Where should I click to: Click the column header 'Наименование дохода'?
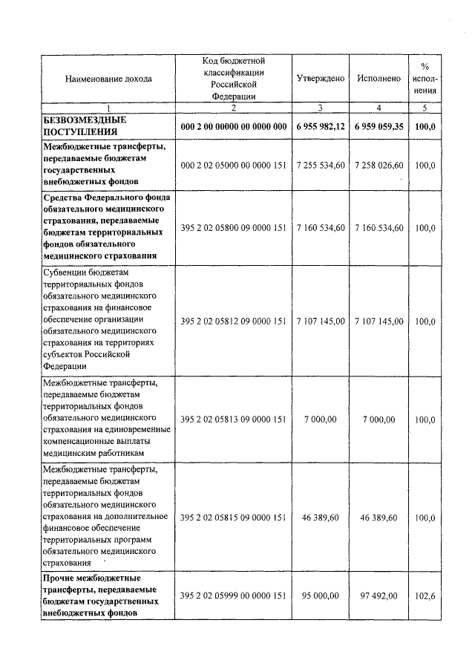click(x=108, y=78)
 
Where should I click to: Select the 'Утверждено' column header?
click(x=320, y=78)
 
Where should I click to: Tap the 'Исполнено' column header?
click(x=379, y=78)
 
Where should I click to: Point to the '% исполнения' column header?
click(x=425, y=78)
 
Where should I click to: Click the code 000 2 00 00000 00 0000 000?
click(x=233, y=126)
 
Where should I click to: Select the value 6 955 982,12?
click(x=320, y=126)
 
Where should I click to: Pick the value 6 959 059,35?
click(x=379, y=126)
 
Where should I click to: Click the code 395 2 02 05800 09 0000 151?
click(x=233, y=227)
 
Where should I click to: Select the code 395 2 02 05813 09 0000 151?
click(x=233, y=420)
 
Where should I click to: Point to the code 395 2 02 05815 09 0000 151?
click(x=233, y=517)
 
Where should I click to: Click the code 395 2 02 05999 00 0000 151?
click(x=233, y=596)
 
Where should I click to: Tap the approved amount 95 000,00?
click(x=320, y=596)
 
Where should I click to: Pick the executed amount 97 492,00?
click(x=379, y=596)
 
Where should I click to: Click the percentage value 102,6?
click(x=425, y=596)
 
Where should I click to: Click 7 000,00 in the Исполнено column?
click(x=379, y=420)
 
